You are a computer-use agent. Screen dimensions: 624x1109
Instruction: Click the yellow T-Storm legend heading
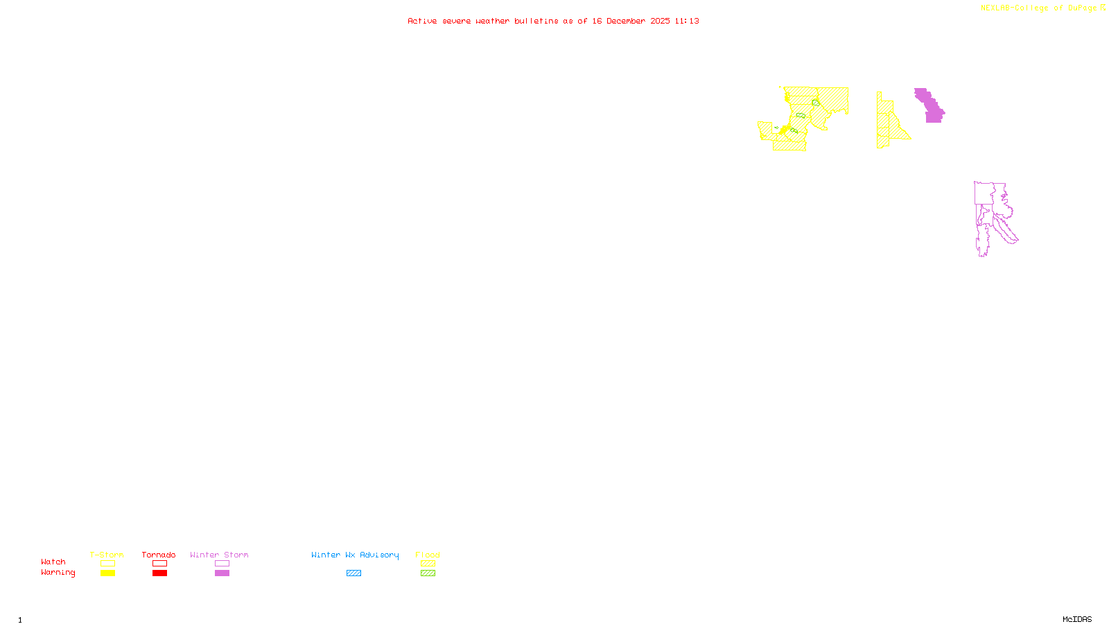tap(107, 555)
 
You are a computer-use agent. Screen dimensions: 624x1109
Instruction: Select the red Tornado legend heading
tap(159, 555)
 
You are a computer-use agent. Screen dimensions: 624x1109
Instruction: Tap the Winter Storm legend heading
tap(219, 555)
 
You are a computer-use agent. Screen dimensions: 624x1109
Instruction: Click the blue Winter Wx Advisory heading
tap(355, 555)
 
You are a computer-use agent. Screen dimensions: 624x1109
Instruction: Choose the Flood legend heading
tap(428, 555)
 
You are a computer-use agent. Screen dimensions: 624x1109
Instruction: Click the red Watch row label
tap(53, 562)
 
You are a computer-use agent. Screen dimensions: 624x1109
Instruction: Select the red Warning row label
tap(58, 573)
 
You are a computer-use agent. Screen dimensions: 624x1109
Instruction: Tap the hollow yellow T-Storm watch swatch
tap(107, 564)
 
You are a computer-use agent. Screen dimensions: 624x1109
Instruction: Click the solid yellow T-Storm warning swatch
tap(107, 573)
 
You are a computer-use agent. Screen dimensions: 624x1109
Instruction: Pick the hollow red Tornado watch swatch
tap(159, 564)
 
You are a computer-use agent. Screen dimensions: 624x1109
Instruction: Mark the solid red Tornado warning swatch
tap(159, 573)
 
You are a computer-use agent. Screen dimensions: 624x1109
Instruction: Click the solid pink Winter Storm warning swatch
tap(222, 573)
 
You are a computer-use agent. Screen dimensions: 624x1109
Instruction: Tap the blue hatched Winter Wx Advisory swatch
tap(353, 573)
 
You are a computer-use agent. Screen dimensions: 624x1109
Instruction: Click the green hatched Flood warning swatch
tap(428, 573)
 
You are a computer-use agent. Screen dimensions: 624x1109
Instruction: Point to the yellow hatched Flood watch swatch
tap(428, 564)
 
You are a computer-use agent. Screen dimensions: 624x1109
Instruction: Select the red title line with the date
tap(553, 21)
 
